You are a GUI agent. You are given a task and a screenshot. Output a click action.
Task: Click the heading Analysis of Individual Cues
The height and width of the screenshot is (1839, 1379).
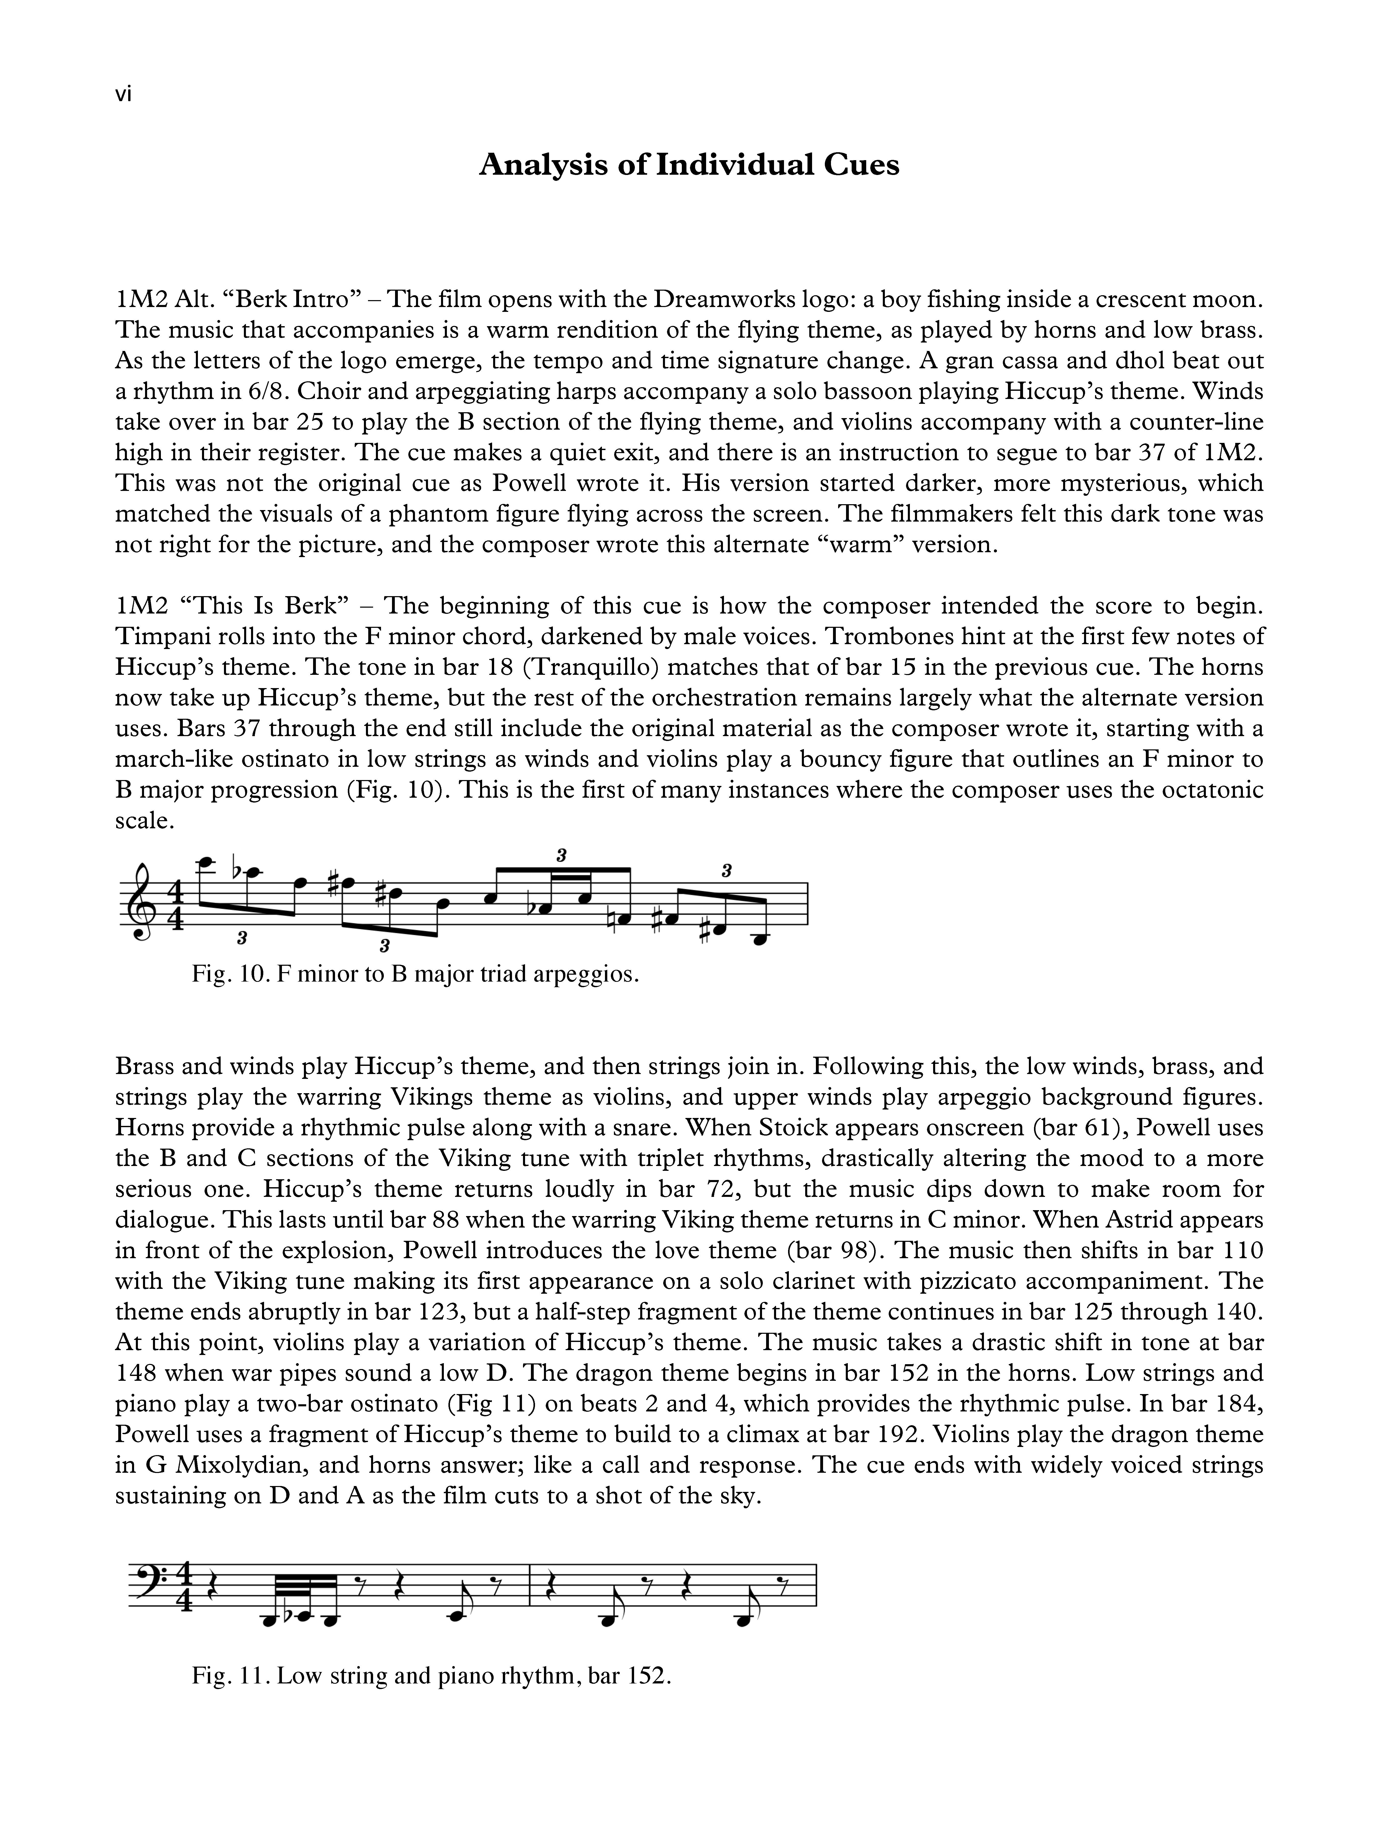point(689,164)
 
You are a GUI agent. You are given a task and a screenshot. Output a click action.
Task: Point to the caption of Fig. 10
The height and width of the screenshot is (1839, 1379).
point(415,974)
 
